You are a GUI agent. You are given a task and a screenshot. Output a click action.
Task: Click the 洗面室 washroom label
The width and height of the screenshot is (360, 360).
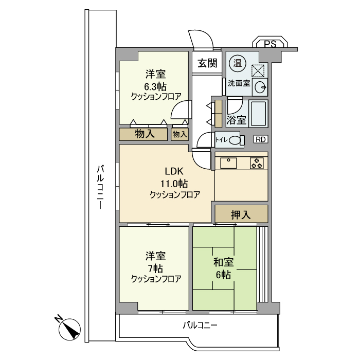(239, 83)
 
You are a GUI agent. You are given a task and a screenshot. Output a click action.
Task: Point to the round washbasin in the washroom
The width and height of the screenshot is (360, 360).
(260, 86)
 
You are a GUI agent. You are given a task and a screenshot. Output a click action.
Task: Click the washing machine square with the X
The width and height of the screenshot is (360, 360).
(258, 71)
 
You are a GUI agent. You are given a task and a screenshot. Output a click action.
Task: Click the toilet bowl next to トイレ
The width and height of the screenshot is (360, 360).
(235, 139)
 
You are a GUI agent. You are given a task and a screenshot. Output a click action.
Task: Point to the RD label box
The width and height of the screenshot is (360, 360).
(261, 139)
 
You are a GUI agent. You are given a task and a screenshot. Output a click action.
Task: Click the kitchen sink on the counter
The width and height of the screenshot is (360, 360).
(228, 163)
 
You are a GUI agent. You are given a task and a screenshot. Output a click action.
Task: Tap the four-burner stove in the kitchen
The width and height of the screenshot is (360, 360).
(257, 164)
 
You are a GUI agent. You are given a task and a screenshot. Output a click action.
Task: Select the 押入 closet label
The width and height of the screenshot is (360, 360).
(241, 214)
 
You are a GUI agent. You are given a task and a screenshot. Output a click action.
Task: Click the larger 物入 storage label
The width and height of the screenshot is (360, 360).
(145, 134)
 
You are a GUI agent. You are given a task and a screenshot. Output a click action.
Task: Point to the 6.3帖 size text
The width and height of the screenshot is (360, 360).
(155, 86)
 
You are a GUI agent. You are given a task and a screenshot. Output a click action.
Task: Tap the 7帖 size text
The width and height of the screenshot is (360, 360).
(155, 268)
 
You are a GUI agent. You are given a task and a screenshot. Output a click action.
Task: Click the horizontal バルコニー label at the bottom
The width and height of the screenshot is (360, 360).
(200, 326)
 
